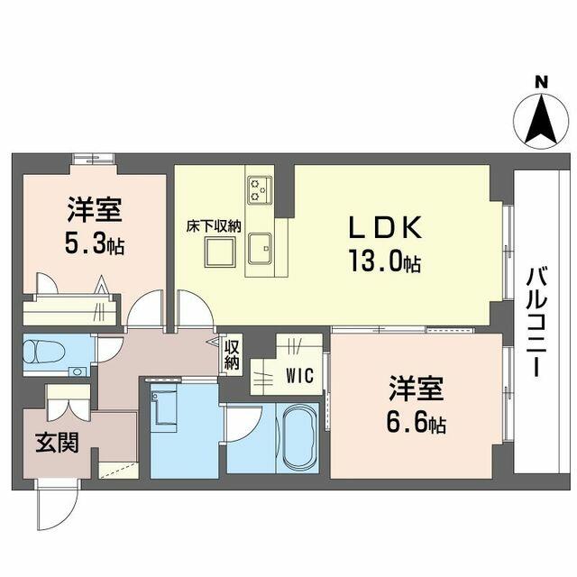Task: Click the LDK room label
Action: [x=385, y=226]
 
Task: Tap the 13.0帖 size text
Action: [x=385, y=261]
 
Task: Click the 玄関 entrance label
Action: [x=58, y=443]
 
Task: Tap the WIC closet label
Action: [x=300, y=376]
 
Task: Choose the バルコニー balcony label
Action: [x=537, y=322]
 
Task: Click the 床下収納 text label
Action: [x=214, y=226]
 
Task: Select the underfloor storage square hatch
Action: [x=220, y=252]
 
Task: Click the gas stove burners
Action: [x=260, y=189]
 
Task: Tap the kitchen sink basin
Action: [x=260, y=249]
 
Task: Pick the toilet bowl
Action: [x=43, y=351]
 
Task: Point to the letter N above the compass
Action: [x=541, y=82]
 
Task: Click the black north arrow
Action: [x=541, y=119]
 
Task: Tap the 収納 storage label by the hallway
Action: [x=232, y=354]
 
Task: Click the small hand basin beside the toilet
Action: [x=78, y=371]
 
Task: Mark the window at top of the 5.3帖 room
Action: [x=94, y=159]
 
